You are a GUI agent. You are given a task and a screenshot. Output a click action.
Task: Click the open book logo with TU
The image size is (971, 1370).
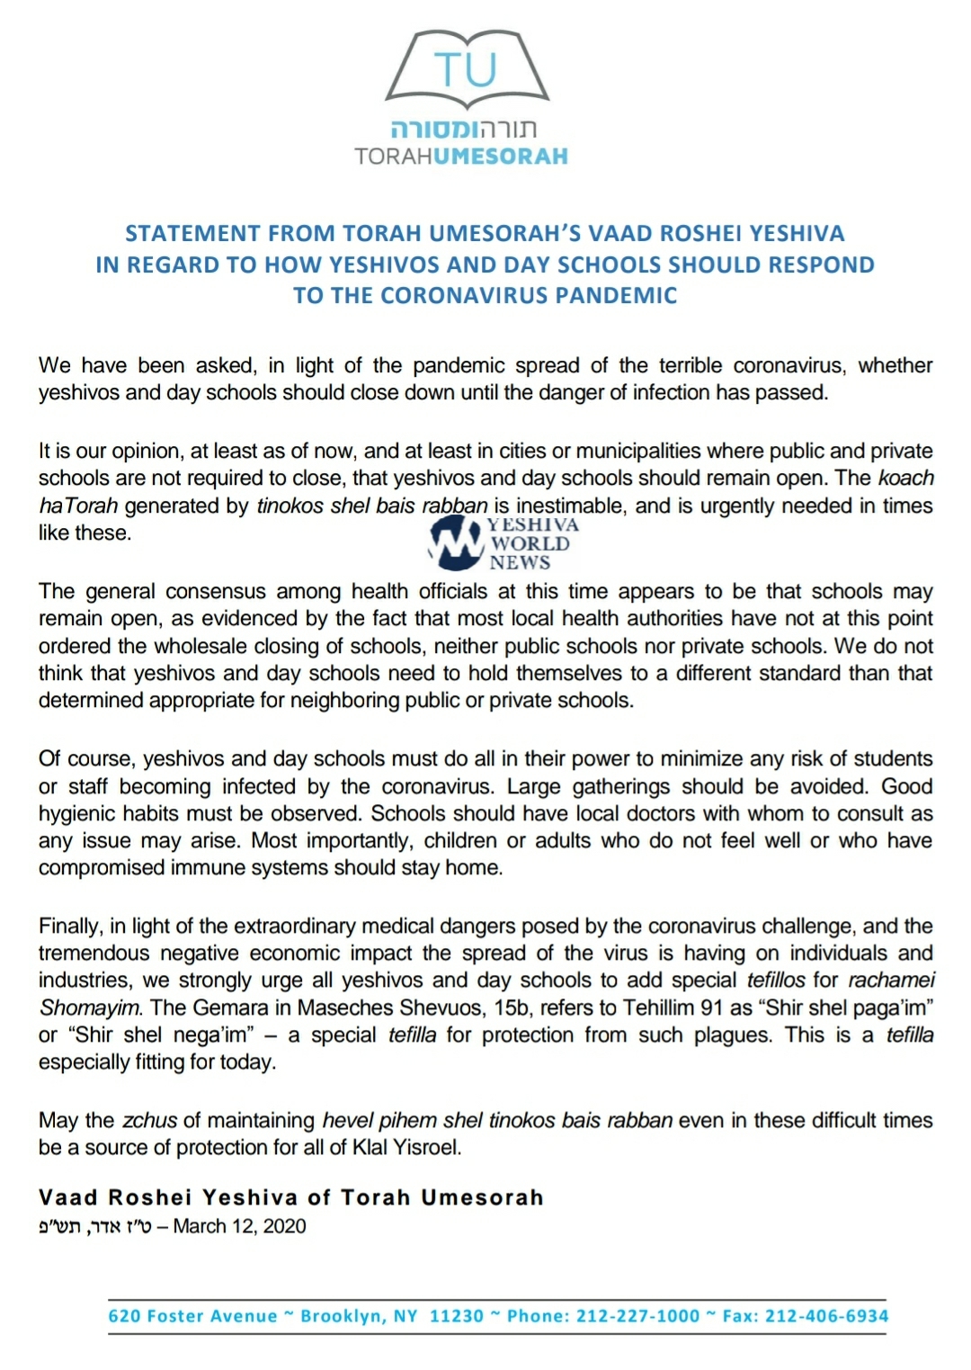pyautogui.click(x=467, y=67)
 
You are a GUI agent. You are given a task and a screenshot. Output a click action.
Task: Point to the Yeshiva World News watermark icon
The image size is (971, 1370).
pyautogui.click(x=457, y=543)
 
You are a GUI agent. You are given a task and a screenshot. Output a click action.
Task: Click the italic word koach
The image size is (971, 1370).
pyautogui.click(x=906, y=479)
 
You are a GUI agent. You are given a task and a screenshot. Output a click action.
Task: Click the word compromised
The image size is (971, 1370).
pyautogui.click(x=101, y=868)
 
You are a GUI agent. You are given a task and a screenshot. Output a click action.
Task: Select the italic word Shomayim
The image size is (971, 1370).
pyautogui.click(x=88, y=1008)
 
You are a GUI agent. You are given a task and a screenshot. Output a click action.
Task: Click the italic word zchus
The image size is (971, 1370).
pyautogui.click(x=149, y=1121)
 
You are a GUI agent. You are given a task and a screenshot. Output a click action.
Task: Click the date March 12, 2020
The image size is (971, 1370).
pyautogui.click(x=239, y=1227)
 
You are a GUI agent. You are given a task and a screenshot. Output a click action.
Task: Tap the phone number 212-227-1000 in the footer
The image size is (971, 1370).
pyautogui.click(x=637, y=1316)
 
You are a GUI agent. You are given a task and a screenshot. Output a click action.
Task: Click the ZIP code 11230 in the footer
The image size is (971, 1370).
pyautogui.click(x=457, y=1316)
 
